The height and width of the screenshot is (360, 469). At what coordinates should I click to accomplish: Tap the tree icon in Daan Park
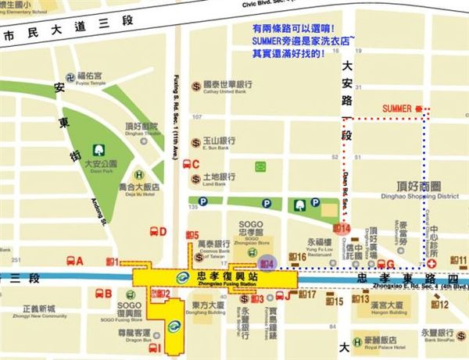[99, 149]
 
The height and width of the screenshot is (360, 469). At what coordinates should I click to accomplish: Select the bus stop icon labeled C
[187, 164]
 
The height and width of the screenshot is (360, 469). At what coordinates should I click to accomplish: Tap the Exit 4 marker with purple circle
[267, 265]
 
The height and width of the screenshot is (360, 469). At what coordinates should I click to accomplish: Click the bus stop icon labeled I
[154, 348]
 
